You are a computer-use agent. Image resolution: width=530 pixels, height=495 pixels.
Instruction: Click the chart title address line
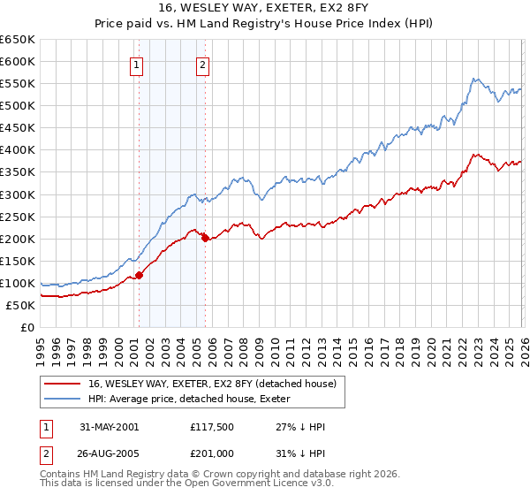[x=265, y=9]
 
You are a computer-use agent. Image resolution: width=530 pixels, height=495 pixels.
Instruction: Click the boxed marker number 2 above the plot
[x=203, y=64]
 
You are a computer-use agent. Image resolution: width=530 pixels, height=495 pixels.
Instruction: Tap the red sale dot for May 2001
[x=139, y=275]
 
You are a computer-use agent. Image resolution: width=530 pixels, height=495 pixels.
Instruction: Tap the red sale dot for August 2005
[x=205, y=238]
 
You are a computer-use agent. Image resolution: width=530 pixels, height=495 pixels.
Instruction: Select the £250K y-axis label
[x=18, y=217]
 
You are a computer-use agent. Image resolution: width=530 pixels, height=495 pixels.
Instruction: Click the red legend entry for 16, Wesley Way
[x=212, y=384]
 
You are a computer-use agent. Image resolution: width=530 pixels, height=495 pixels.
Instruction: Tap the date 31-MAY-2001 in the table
[x=109, y=427]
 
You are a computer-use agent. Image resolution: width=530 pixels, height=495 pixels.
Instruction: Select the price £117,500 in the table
[x=210, y=427]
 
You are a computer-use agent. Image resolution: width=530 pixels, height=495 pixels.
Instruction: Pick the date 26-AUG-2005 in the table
[x=110, y=454]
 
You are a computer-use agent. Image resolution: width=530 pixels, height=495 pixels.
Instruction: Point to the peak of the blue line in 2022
[x=474, y=79]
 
